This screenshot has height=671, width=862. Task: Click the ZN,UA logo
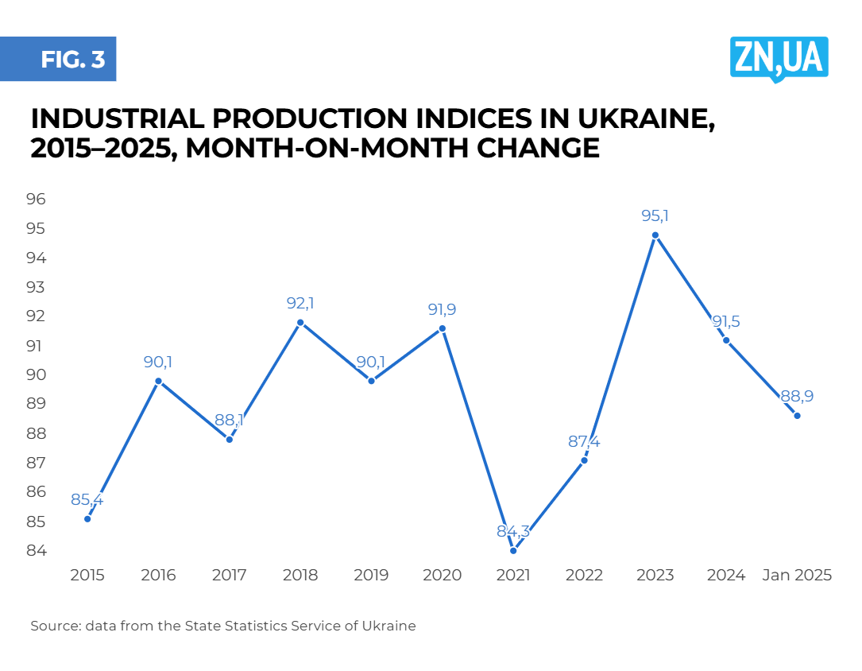tap(779, 58)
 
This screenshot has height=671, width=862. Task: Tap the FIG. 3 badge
tap(72, 60)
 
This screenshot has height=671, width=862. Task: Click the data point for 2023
tap(655, 235)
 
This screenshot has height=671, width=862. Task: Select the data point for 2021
tap(513, 551)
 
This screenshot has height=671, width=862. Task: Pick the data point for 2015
tap(87, 519)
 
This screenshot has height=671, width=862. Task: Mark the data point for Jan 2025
tap(797, 416)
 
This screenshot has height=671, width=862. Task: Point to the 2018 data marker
tap(300, 323)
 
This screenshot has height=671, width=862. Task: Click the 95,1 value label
tap(655, 215)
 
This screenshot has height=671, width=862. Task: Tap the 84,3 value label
tap(513, 531)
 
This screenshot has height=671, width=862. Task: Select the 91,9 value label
tap(443, 309)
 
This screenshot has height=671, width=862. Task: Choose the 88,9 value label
tap(797, 396)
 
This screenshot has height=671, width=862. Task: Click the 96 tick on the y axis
tap(37, 199)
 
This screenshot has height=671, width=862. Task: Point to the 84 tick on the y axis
tap(37, 551)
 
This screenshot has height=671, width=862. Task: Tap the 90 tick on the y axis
tap(37, 374)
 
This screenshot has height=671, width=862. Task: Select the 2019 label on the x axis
tap(371, 576)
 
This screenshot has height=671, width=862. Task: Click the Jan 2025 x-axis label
tap(797, 576)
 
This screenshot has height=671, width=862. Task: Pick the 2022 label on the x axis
tap(584, 576)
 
